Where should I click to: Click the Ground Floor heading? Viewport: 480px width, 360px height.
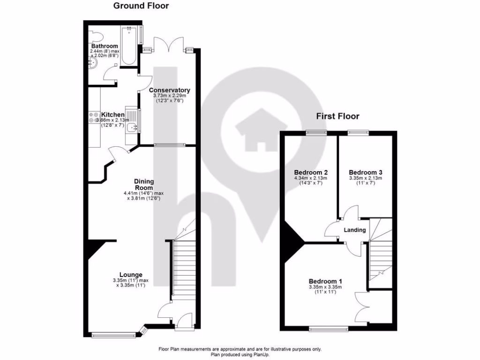141,6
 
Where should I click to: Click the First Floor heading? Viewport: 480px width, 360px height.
337,116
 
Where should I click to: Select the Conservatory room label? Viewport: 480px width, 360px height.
169,90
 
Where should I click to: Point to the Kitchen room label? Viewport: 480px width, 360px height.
113,114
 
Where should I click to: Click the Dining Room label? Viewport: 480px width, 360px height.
144,184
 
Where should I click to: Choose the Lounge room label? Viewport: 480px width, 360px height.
130,275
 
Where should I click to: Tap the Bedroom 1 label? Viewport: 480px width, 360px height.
325,281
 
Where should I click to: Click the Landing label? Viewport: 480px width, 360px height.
355,230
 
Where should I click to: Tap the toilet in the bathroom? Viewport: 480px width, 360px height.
96,36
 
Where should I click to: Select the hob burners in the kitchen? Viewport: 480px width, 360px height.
93,118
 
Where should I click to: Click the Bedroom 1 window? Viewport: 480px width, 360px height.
329,329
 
